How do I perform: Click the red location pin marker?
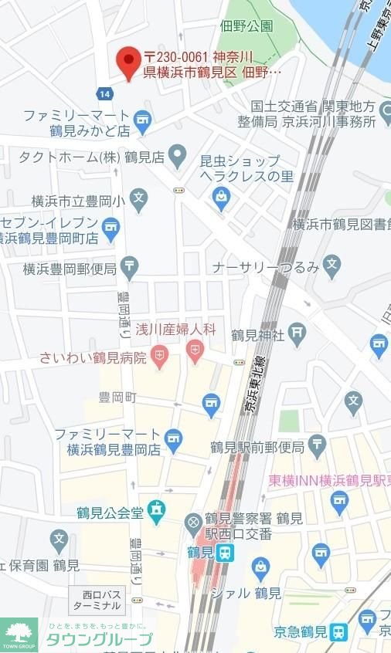click(128, 62)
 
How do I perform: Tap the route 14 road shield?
click(104, 93)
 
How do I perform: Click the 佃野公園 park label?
click(246, 25)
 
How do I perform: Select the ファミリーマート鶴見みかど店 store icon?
click(141, 120)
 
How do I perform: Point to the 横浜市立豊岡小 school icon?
click(138, 198)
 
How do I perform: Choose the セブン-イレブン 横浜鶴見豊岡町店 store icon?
click(111, 227)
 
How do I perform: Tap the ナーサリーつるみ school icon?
click(332, 266)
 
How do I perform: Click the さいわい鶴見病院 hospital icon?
click(160, 357)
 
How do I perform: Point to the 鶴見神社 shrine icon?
click(298, 333)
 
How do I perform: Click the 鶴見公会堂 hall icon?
click(157, 510)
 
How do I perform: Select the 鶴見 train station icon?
click(225, 553)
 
